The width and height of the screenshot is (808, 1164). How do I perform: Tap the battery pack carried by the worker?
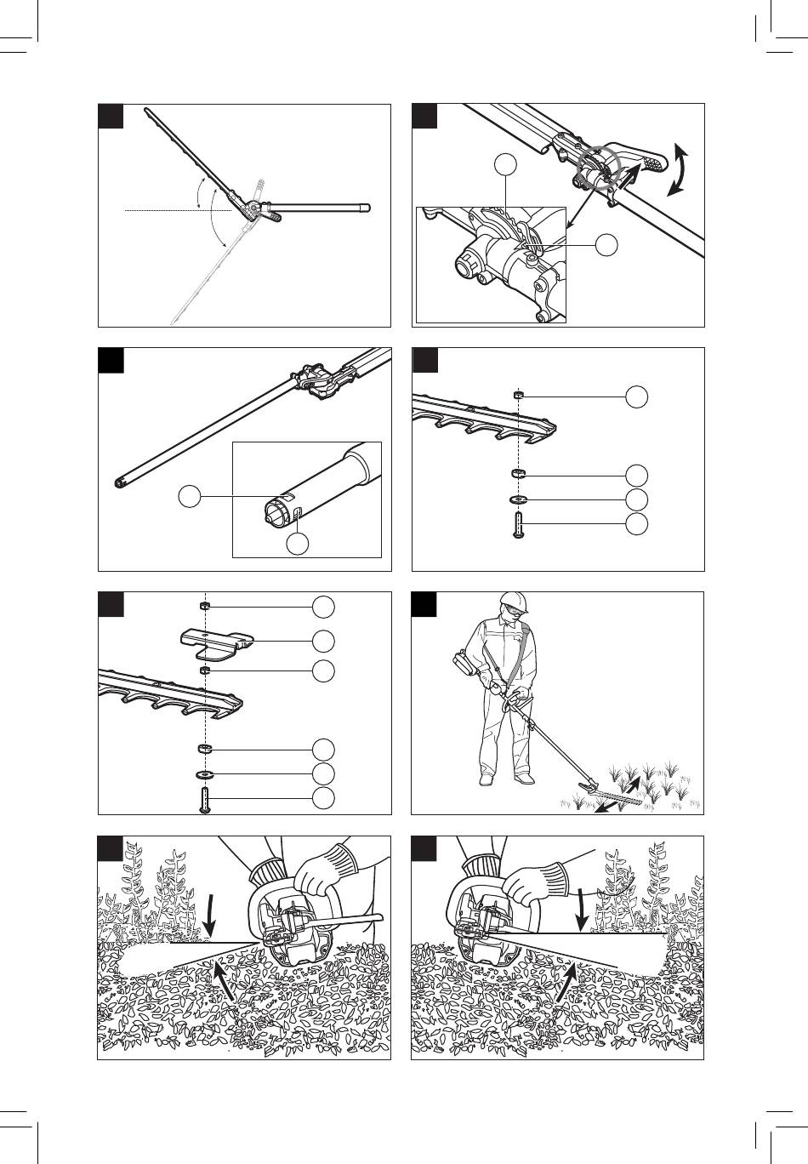click(463, 663)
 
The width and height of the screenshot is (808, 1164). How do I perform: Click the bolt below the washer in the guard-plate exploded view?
click(205, 800)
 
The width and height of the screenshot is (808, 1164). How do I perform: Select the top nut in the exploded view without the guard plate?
click(518, 396)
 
